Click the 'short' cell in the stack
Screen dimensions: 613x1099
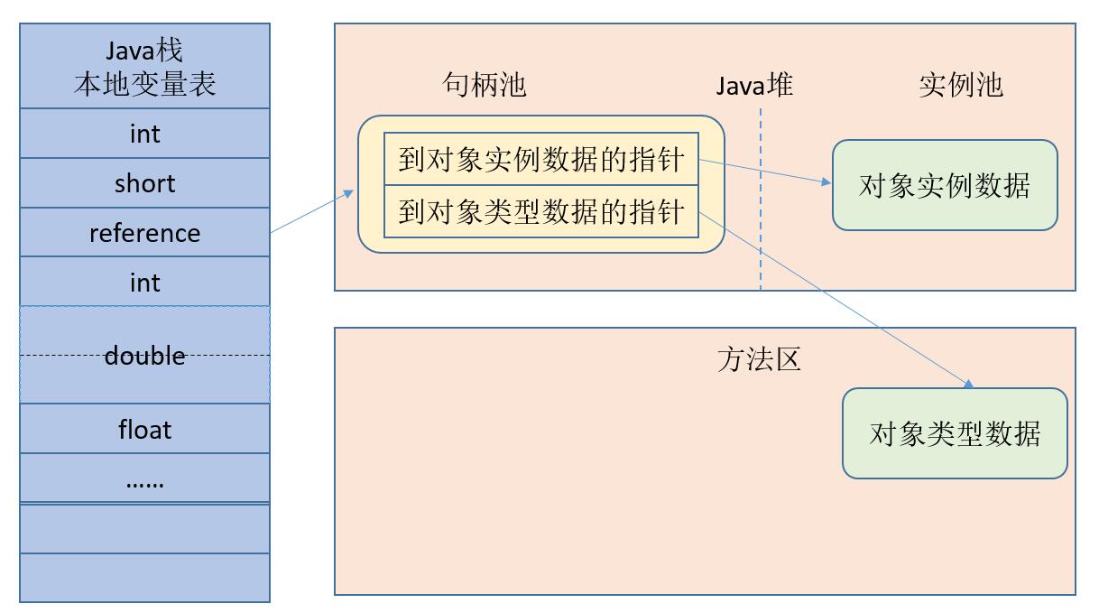tap(144, 183)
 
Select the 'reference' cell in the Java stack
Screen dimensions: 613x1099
tap(144, 233)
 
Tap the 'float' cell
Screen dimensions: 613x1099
tap(144, 429)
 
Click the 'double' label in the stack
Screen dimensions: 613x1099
tap(144, 356)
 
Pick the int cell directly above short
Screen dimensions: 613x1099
tap(144, 134)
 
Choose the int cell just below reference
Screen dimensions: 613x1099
tap(144, 283)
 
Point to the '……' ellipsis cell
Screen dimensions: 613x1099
tap(144, 479)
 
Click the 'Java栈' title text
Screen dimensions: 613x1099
tap(144, 51)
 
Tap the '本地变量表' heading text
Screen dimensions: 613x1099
tap(144, 84)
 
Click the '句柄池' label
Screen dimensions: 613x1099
tap(485, 85)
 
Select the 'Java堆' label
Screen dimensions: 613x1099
tap(755, 85)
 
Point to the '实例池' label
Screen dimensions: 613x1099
tap(961, 85)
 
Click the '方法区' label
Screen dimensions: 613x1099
tap(759, 359)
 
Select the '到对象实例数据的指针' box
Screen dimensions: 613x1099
tap(541, 161)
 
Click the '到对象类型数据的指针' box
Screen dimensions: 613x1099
tap(541, 213)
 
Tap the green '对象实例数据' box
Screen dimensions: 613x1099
tap(945, 185)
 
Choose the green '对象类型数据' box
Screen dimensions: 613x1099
tap(955, 433)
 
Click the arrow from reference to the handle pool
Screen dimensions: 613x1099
tap(311, 212)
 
